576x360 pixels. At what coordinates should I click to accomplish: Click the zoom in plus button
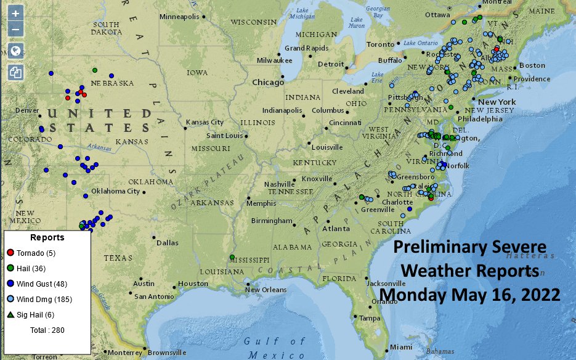[16, 13]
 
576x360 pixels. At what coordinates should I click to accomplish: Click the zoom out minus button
[16, 28]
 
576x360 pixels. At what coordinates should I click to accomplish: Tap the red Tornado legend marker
[10, 253]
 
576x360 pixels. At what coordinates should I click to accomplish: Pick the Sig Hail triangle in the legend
[10, 315]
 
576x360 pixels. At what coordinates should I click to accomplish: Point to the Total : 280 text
[47, 330]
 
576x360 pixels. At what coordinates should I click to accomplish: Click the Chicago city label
[267, 82]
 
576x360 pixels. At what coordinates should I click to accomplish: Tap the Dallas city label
[167, 243]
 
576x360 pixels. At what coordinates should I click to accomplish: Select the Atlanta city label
[335, 229]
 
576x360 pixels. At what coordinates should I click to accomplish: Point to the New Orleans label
[266, 290]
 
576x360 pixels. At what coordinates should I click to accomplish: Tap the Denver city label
[26, 110]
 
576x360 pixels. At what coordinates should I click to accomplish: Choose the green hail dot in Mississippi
[232, 257]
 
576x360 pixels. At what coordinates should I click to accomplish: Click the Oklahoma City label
[115, 191]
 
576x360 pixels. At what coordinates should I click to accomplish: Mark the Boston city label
[532, 65]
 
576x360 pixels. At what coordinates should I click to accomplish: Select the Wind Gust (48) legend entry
[43, 284]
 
